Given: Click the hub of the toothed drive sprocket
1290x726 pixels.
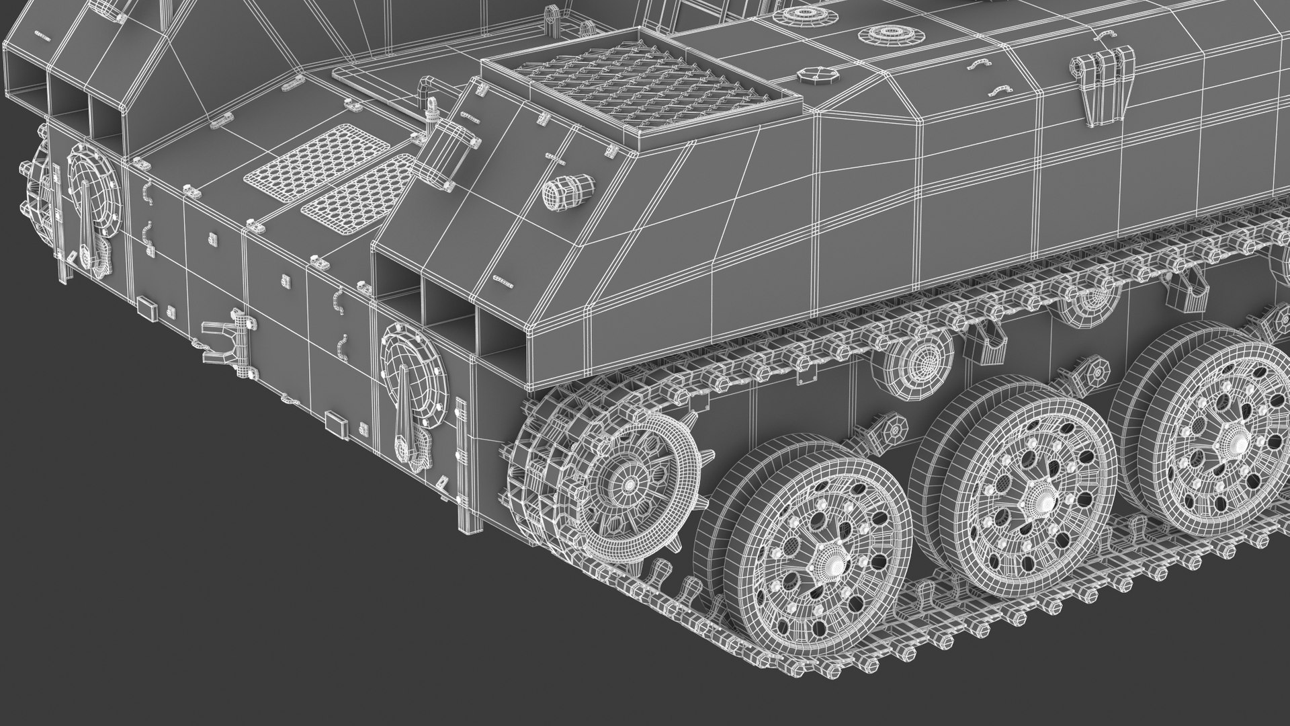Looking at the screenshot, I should (630, 483).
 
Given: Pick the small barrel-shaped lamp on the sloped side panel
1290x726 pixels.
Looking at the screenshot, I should (568, 191).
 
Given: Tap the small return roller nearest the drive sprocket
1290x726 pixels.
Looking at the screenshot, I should (919, 356).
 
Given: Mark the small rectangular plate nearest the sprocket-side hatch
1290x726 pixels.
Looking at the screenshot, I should (335, 421).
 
